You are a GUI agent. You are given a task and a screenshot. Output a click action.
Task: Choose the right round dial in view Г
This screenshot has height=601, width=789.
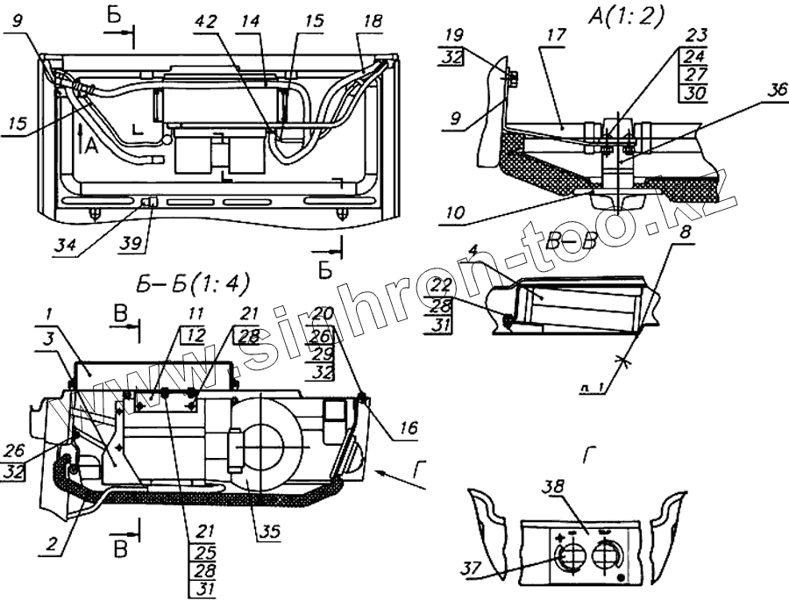[x=606, y=556]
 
